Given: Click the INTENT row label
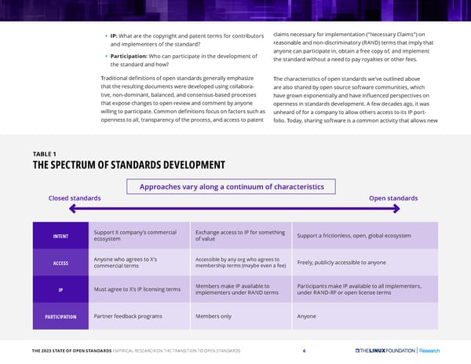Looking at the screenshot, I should point(60,236).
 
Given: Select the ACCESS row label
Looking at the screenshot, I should point(60,263).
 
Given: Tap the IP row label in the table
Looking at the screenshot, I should point(60,289).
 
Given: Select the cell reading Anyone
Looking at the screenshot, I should point(306,316).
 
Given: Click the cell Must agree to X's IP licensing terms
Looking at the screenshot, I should point(137,290).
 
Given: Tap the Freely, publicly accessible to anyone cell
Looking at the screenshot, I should point(341,263).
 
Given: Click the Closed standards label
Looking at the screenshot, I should point(75,197).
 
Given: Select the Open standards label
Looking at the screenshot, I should point(392,197).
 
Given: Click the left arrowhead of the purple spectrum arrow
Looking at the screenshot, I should point(72,209).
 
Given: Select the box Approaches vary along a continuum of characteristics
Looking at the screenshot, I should point(231,186).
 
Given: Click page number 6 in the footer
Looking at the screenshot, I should point(303,351).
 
